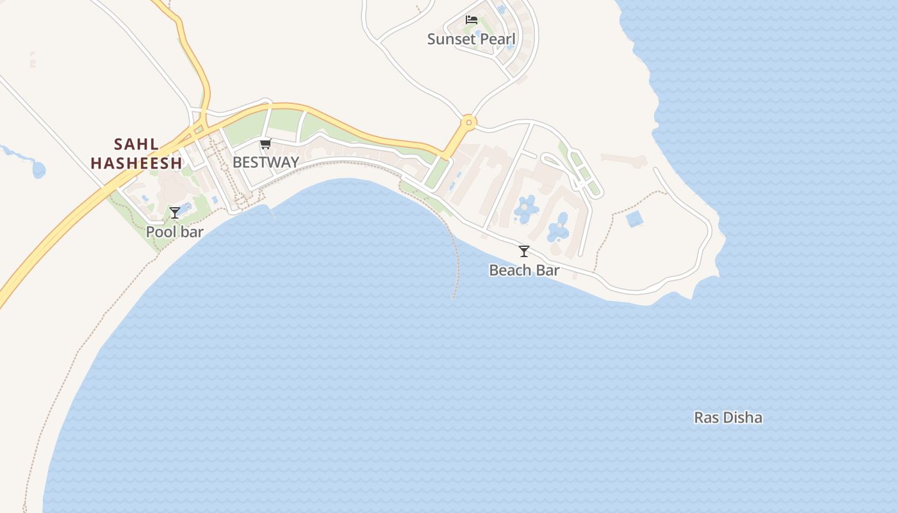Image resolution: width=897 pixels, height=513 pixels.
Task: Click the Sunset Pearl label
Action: tap(471, 39)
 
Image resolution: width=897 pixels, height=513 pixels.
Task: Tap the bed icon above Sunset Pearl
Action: tap(472, 20)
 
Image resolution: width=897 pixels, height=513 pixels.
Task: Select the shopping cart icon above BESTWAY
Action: tap(265, 144)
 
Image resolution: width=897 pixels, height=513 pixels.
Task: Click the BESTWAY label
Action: tap(265, 162)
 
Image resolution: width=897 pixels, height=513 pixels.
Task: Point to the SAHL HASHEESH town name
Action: tap(136, 154)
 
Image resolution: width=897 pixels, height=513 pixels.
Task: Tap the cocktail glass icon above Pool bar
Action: tap(174, 212)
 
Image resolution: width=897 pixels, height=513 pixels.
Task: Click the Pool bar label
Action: tap(174, 231)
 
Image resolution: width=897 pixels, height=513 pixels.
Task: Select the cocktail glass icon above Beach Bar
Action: tap(524, 251)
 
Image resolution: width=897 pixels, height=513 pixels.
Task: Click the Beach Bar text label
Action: tap(524, 271)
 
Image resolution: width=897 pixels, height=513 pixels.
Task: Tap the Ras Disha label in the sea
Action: tap(728, 418)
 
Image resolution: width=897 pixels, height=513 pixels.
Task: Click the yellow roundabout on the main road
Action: tap(469, 121)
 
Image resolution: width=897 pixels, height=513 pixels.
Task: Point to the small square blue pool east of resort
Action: tap(634, 219)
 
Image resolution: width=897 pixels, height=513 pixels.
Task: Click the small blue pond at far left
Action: tap(38, 170)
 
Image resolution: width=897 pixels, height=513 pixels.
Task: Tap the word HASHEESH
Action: tap(136, 164)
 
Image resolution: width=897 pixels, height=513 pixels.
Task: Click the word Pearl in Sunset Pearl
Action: tap(498, 39)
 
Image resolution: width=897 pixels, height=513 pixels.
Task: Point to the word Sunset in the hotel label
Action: tap(452, 39)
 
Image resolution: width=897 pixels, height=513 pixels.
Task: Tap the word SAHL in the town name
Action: tap(136, 144)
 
